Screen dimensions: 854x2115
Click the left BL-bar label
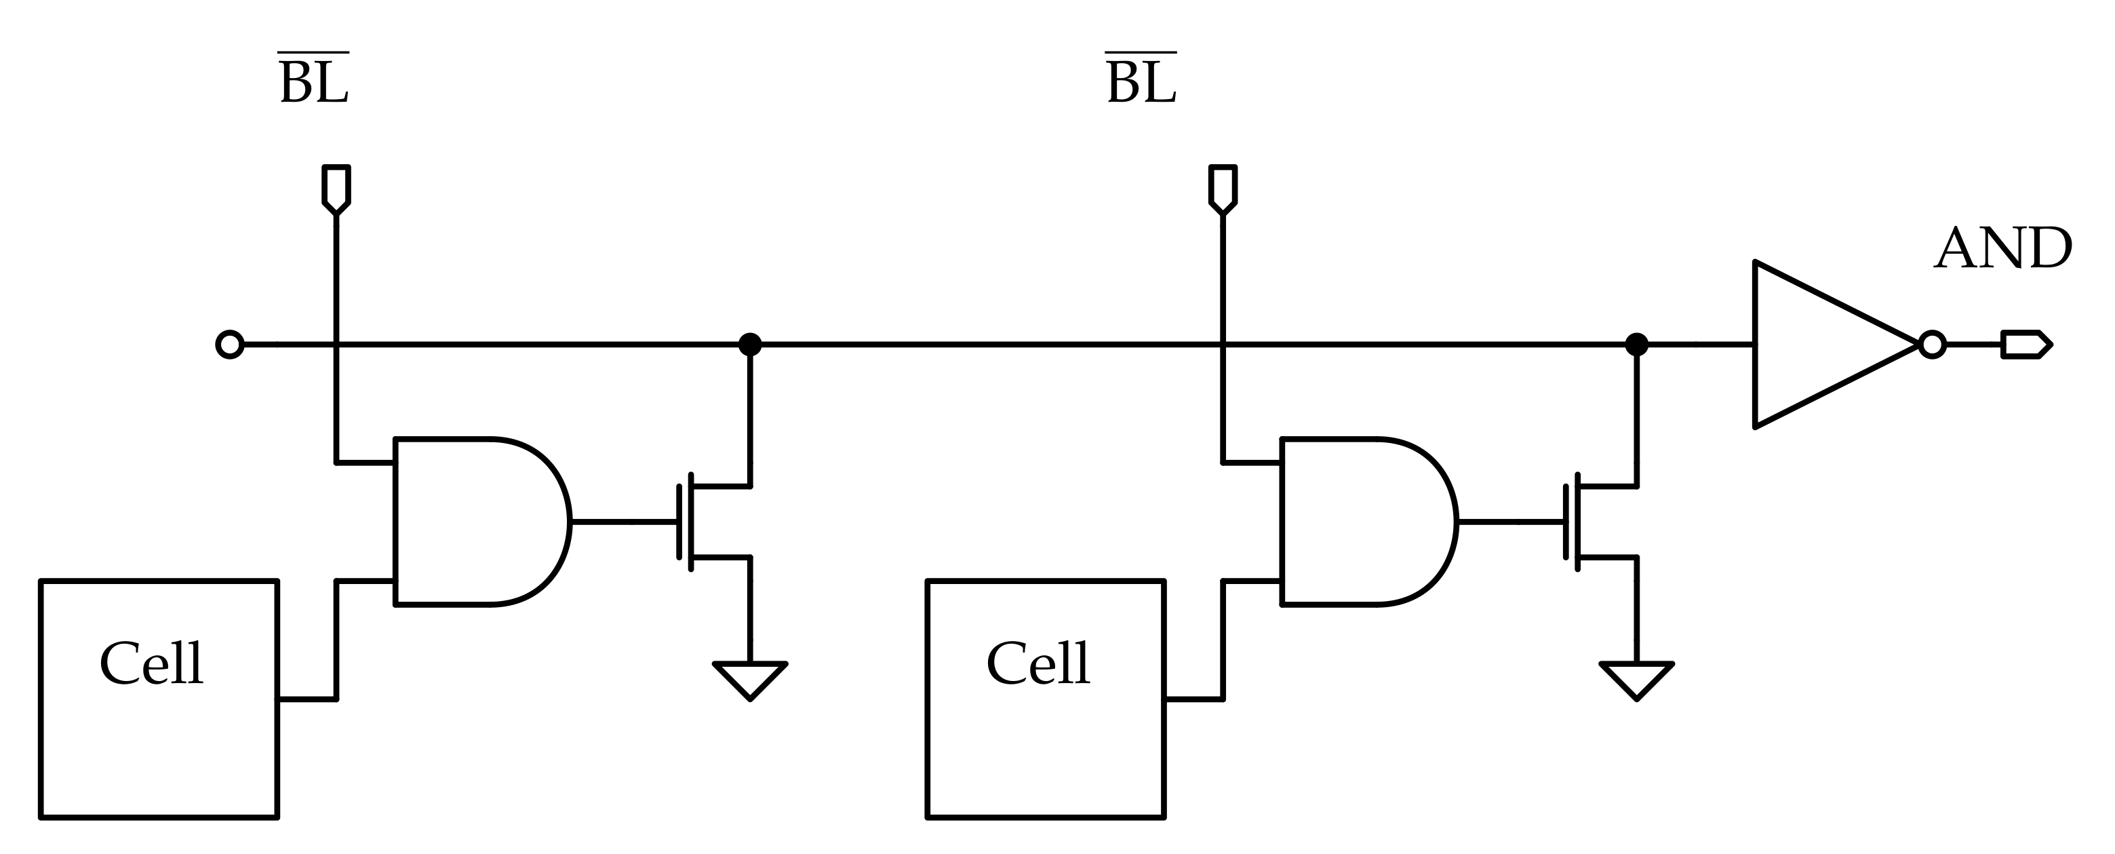click(x=314, y=81)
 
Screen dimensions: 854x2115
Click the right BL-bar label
click(x=1141, y=81)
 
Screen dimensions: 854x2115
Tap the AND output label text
click(x=2003, y=249)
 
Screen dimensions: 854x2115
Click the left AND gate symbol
click(x=476, y=522)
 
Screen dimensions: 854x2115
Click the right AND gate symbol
click(x=1363, y=522)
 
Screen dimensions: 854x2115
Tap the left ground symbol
click(x=749, y=677)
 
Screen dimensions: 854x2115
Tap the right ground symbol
click(x=1636, y=677)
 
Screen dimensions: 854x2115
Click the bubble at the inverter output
click(x=1933, y=345)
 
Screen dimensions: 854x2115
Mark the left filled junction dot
click(x=749, y=345)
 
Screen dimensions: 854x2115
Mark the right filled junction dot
click(x=1636, y=345)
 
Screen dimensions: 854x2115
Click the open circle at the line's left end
click(x=230, y=345)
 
